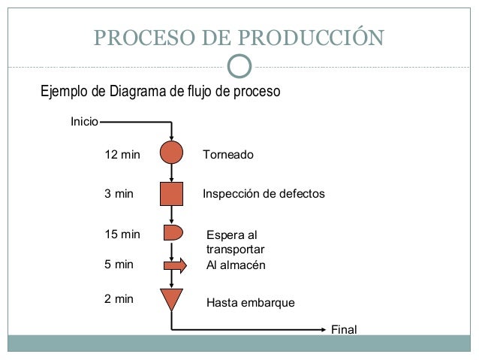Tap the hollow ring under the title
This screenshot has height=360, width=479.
[x=239, y=66]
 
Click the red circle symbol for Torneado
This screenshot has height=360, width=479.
[x=172, y=153]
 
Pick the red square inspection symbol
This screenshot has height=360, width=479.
[x=172, y=193]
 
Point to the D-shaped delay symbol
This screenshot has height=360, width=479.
[x=172, y=231]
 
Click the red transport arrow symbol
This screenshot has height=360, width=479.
[x=174, y=265]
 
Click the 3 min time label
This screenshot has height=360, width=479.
[x=118, y=194]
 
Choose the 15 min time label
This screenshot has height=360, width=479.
[x=122, y=234]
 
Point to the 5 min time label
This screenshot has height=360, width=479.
[x=118, y=265]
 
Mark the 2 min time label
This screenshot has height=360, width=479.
[x=118, y=298]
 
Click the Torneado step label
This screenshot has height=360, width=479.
[x=228, y=155]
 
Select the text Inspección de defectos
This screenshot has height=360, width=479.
[x=264, y=194]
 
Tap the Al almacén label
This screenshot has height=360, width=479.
[x=236, y=265]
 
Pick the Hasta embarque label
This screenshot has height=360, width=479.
[x=250, y=304]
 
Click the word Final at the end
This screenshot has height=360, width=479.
[x=344, y=330]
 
